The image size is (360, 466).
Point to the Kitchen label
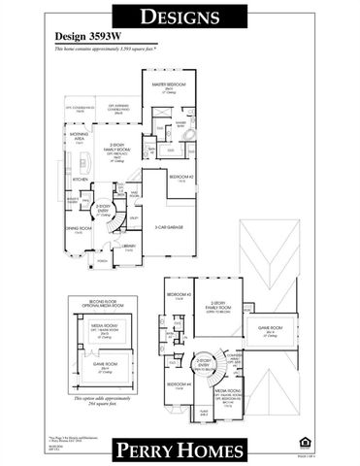[81, 180]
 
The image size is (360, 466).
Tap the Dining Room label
[78, 229]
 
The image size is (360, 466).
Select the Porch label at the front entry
[102, 261]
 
